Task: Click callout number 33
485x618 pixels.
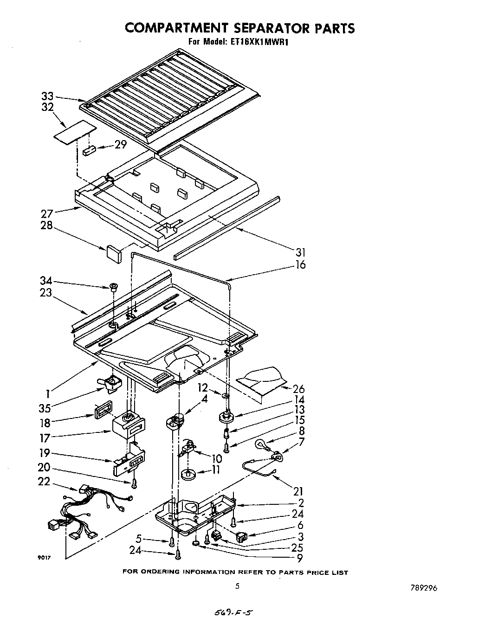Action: [47, 97]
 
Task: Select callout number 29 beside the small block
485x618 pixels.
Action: [121, 145]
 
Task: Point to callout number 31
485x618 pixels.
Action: [301, 252]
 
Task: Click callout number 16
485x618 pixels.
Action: [301, 265]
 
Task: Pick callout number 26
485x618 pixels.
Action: [299, 389]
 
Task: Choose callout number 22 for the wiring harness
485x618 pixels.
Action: [44, 482]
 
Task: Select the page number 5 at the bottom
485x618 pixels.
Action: [237, 586]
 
